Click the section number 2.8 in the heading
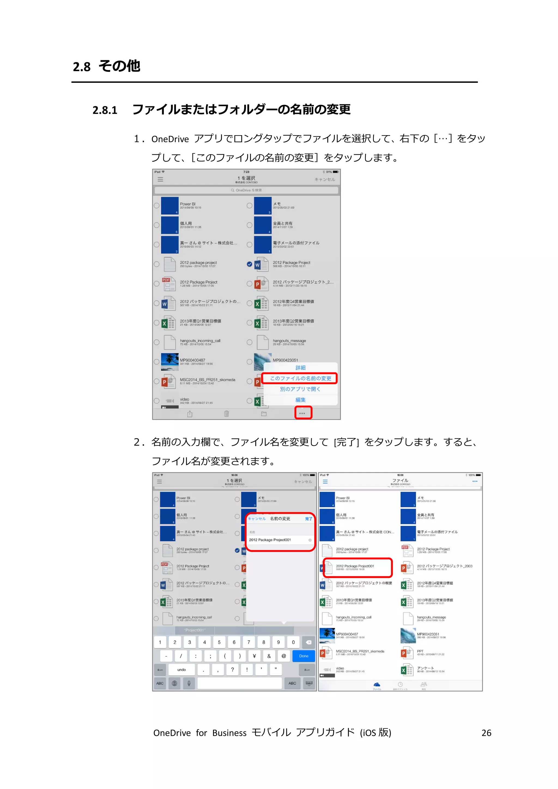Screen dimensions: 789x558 [x=81, y=67]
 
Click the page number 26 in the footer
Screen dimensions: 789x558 [x=486, y=733]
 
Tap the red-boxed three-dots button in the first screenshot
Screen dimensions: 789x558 [x=303, y=413]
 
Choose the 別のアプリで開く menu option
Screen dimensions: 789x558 [x=300, y=389]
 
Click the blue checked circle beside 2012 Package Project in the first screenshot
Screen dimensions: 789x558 [x=250, y=264]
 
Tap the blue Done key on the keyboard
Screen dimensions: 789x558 [x=304, y=656]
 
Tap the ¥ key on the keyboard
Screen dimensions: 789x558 [x=254, y=656]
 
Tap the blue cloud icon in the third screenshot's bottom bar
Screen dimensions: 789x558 [x=377, y=685]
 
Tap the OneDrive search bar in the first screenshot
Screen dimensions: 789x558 [x=246, y=190]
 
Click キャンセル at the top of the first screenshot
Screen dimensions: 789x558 [x=324, y=179]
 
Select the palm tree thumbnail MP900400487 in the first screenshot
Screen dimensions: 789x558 [x=170, y=362]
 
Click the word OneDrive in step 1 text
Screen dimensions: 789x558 [x=170, y=139]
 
